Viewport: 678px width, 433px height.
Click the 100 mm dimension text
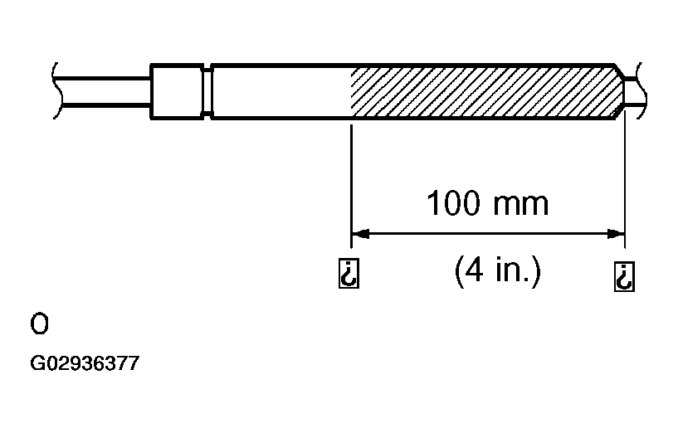point(488,202)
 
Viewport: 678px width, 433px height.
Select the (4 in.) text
point(498,270)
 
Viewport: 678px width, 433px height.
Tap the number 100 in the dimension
point(454,202)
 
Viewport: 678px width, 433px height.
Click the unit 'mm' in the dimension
point(521,205)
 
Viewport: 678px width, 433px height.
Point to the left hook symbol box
point(349,274)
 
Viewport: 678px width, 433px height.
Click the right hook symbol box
point(624,276)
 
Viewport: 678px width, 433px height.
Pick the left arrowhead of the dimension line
point(360,234)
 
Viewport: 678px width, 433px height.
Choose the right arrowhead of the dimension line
point(616,234)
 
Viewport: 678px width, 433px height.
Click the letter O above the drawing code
point(39,324)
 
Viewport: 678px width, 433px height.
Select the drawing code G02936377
point(85,363)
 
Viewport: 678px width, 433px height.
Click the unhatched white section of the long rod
point(281,91)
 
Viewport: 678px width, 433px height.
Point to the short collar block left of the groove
point(177,91)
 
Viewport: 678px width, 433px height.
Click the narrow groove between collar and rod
point(207,91)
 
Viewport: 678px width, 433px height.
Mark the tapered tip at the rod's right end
point(620,91)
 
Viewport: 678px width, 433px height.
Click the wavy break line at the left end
point(57,90)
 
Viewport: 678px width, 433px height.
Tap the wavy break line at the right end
point(641,90)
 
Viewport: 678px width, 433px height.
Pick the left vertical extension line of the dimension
point(351,187)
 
